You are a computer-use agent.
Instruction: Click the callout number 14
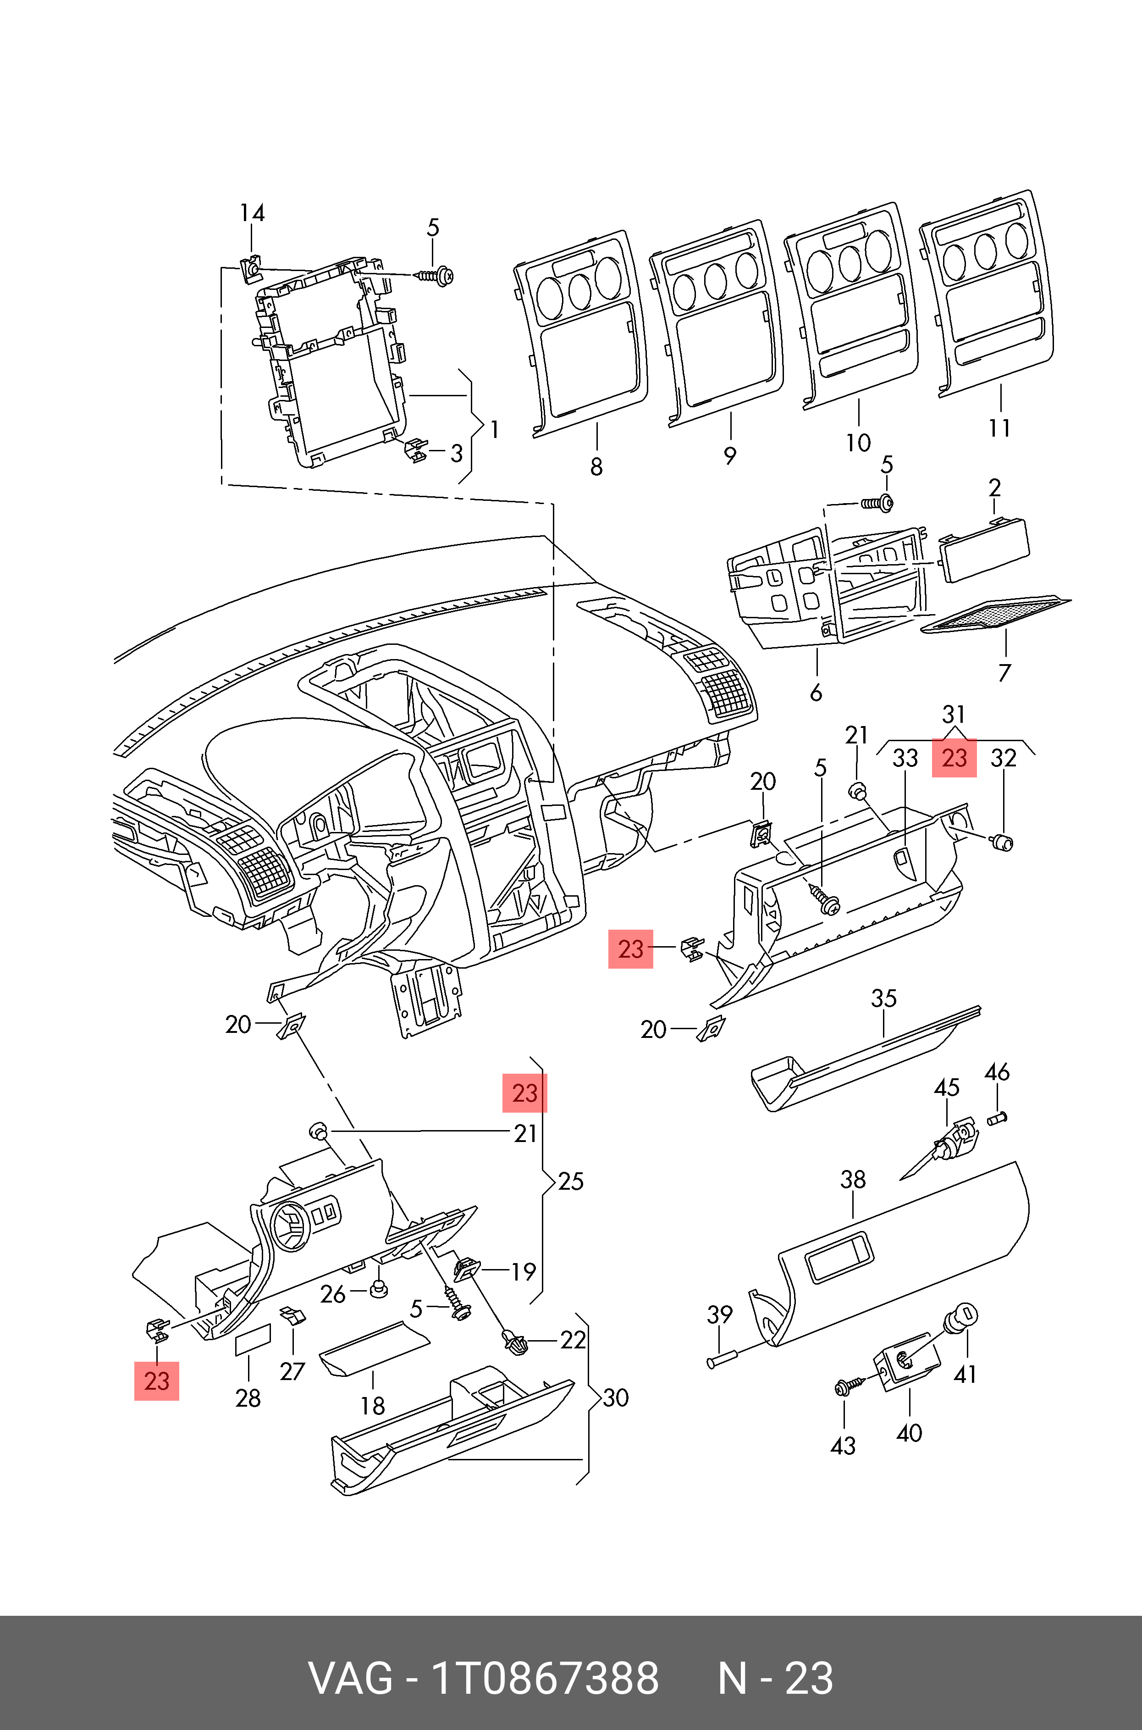pyautogui.click(x=252, y=213)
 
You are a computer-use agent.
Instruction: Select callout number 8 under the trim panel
pyautogui.click(x=596, y=466)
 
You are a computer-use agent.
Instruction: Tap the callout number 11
pyautogui.click(x=999, y=427)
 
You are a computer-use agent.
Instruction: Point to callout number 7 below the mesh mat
pyautogui.click(x=1004, y=671)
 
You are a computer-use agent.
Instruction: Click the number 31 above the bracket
pyautogui.click(x=954, y=714)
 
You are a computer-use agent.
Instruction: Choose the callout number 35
pyautogui.click(x=883, y=998)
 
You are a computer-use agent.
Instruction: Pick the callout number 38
pyautogui.click(x=853, y=1179)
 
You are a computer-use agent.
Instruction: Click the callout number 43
pyautogui.click(x=843, y=1446)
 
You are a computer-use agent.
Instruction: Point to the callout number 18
pyautogui.click(x=373, y=1405)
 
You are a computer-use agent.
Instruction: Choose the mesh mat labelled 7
pyautogui.click(x=994, y=613)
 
